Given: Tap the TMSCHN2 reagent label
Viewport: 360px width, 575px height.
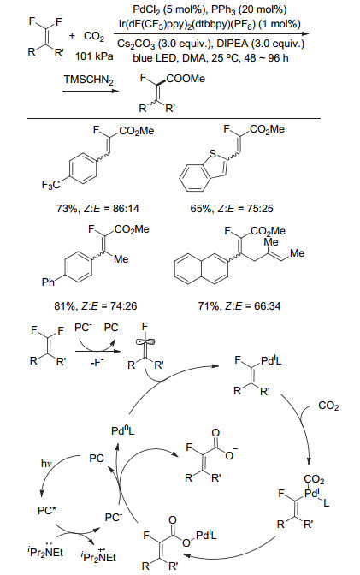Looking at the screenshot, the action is pyautogui.click(x=88, y=80).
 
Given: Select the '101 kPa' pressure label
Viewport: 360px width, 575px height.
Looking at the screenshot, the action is pyautogui.click(x=94, y=56).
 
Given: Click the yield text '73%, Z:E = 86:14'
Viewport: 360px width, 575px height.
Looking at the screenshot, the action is pyautogui.click(x=97, y=209).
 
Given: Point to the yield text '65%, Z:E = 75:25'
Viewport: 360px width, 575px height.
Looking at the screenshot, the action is pyautogui.click(x=232, y=209).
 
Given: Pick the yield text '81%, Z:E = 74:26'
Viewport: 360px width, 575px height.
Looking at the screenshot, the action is pyautogui.click(x=95, y=305).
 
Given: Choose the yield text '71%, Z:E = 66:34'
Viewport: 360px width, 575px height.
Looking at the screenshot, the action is pyautogui.click(x=239, y=305).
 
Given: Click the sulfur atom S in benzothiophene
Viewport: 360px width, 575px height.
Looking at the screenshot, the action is pyautogui.click(x=213, y=154).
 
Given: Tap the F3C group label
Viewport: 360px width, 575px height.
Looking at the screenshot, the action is pyautogui.click(x=50, y=185).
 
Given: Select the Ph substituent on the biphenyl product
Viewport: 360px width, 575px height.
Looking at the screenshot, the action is pyautogui.click(x=48, y=282).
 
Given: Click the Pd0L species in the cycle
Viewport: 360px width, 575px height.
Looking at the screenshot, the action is pyautogui.click(x=123, y=430).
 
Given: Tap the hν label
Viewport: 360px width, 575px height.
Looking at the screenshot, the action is pyautogui.click(x=46, y=464).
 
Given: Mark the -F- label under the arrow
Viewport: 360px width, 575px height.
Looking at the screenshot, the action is pyautogui.click(x=97, y=364).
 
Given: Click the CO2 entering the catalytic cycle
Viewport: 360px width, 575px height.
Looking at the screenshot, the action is pyautogui.click(x=328, y=406).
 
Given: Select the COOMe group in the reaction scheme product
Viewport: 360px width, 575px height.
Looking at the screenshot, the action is pyautogui.click(x=186, y=79).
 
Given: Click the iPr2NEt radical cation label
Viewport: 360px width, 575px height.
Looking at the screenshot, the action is pyautogui.click(x=97, y=556).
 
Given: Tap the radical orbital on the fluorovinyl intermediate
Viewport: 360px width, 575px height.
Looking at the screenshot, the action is pyautogui.click(x=145, y=342).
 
